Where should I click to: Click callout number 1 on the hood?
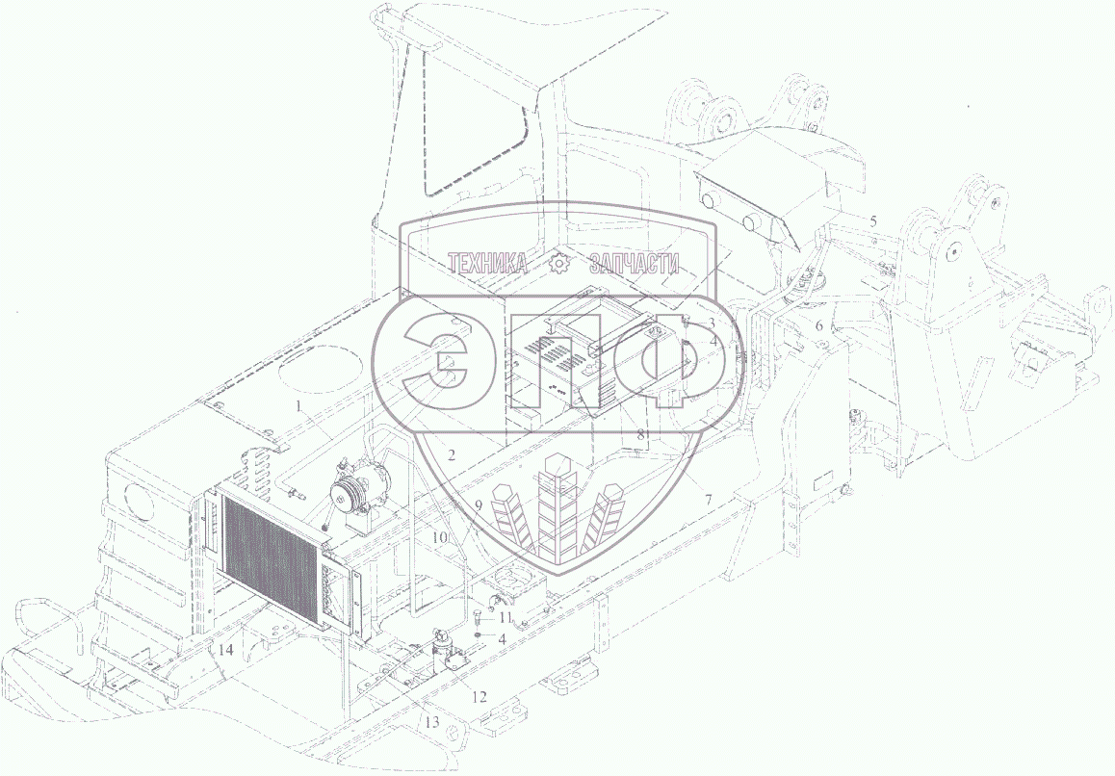(300, 407)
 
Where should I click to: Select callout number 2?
(452, 454)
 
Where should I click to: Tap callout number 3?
(711, 323)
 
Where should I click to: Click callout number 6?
(818, 325)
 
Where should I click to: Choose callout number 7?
(708, 500)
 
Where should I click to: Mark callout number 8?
(640, 434)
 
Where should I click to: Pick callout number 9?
(479, 505)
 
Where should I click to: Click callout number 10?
(440, 538)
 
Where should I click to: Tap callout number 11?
(505, 617)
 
